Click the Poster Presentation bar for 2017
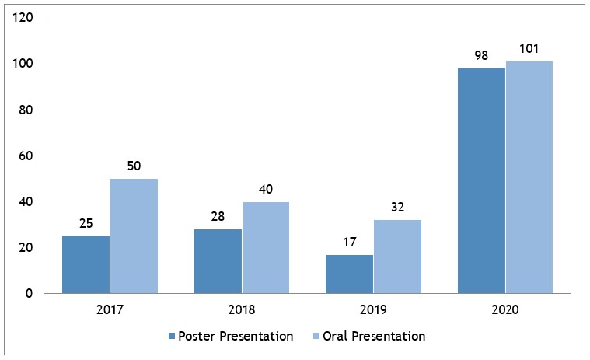click(86, 264)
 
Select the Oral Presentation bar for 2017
click(134, 236)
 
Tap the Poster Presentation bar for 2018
click(218, 261)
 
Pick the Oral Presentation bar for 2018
click(265, 247)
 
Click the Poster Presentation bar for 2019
click(349, 274)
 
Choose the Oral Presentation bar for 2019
click(396, 257)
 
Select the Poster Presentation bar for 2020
click(481, 180)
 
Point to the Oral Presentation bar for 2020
click(529, 177)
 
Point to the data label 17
click(349, 243)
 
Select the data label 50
click(134, 167)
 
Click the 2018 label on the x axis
click(241, 309)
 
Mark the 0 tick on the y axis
click(29, 294)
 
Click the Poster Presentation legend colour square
click(172, 337)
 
